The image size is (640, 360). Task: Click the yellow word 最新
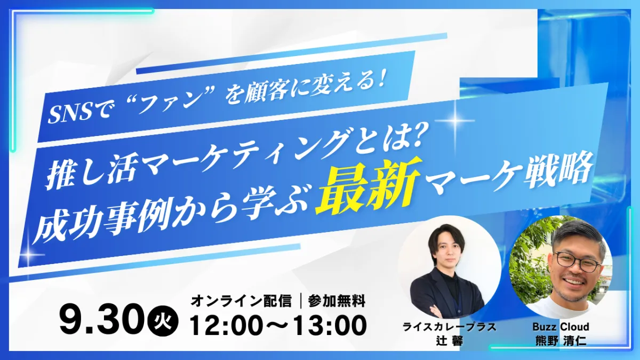tap(369, 187)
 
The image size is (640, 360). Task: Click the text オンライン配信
tap(241, 301)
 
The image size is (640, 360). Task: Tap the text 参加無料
tap(337, 301)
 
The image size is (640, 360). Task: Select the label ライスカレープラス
tap(450, 327)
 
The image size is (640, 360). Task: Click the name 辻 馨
tap(450, 341)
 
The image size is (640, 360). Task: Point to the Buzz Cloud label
tap(561, 326)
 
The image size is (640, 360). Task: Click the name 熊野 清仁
tap(561, 341)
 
